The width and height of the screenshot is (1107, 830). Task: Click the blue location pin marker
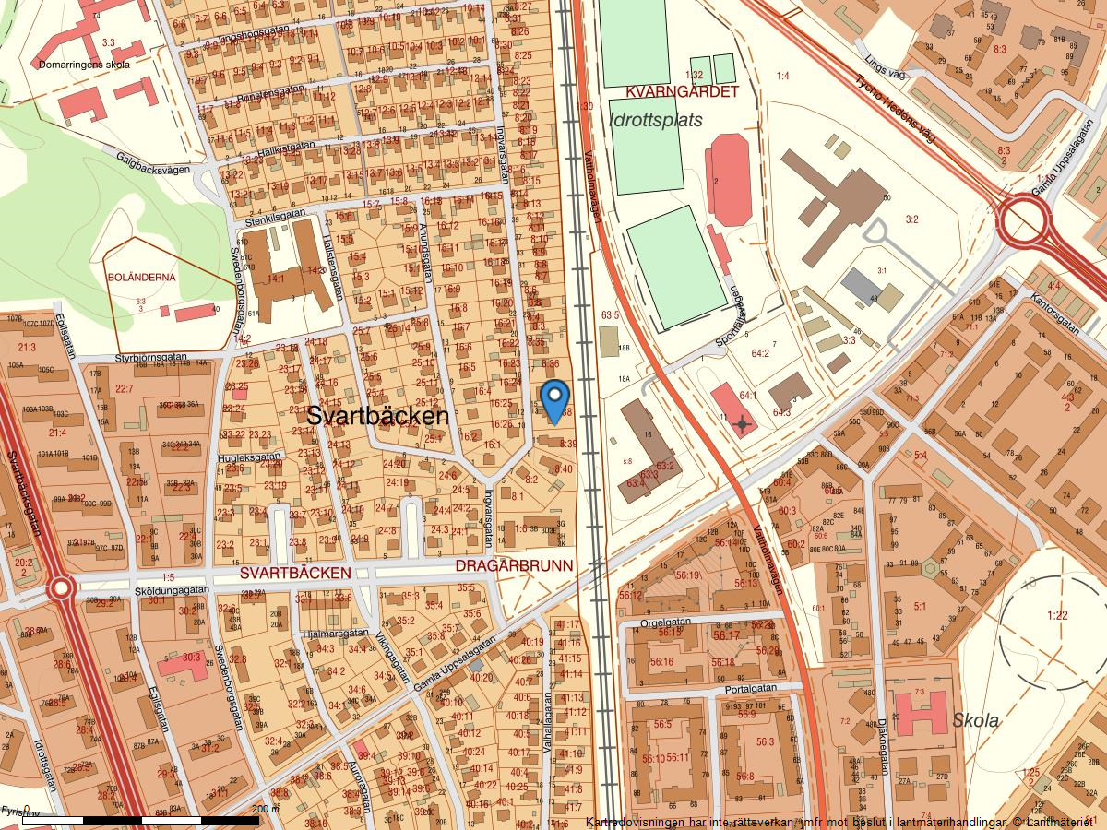553,401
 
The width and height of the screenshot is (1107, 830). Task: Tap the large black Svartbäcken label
377,416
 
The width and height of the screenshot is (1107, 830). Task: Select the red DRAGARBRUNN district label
515,565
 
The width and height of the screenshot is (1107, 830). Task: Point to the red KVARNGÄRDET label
682,92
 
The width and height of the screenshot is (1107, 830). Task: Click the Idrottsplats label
656,120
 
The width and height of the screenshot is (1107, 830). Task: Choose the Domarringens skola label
84,65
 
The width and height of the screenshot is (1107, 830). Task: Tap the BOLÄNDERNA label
141,276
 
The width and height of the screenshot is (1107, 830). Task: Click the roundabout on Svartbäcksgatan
61,587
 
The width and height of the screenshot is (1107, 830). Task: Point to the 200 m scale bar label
265,809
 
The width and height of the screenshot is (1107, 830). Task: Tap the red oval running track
730,180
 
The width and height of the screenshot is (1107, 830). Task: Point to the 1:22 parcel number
1057,615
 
